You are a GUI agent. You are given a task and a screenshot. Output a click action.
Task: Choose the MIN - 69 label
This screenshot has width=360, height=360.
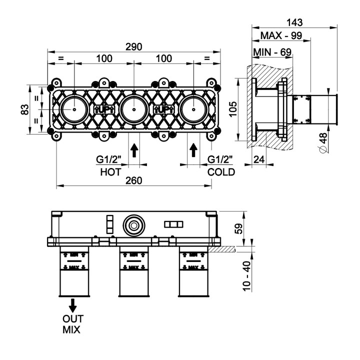[x=272, y=51]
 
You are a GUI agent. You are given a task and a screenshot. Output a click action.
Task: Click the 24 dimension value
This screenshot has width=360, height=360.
[x=259, y=160]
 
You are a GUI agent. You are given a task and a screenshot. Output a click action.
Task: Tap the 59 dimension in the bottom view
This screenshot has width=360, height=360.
[x=239, y=228]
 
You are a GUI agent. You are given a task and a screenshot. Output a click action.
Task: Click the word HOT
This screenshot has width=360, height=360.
[x=110, y=171]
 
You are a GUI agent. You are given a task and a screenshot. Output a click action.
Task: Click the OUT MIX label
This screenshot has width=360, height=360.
[x=72, y=324]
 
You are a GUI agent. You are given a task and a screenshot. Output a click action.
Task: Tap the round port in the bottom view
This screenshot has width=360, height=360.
[x=133, y=224]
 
